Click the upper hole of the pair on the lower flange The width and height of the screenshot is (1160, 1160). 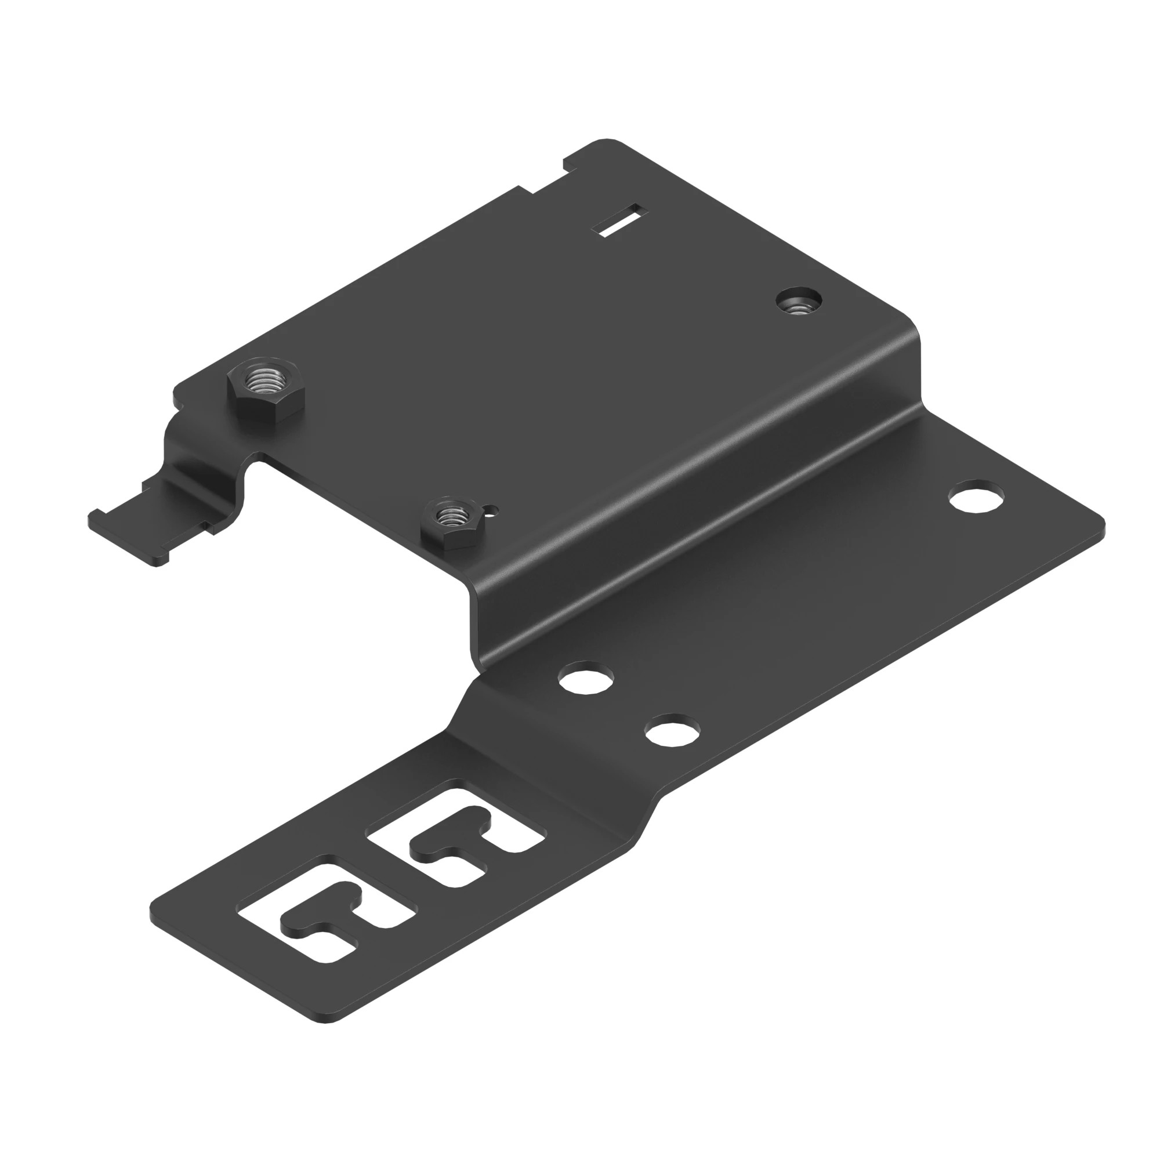point(586,677)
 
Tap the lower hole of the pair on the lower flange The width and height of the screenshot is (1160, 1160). point(672,730)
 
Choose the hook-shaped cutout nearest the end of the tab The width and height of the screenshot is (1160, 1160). point(327,917)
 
